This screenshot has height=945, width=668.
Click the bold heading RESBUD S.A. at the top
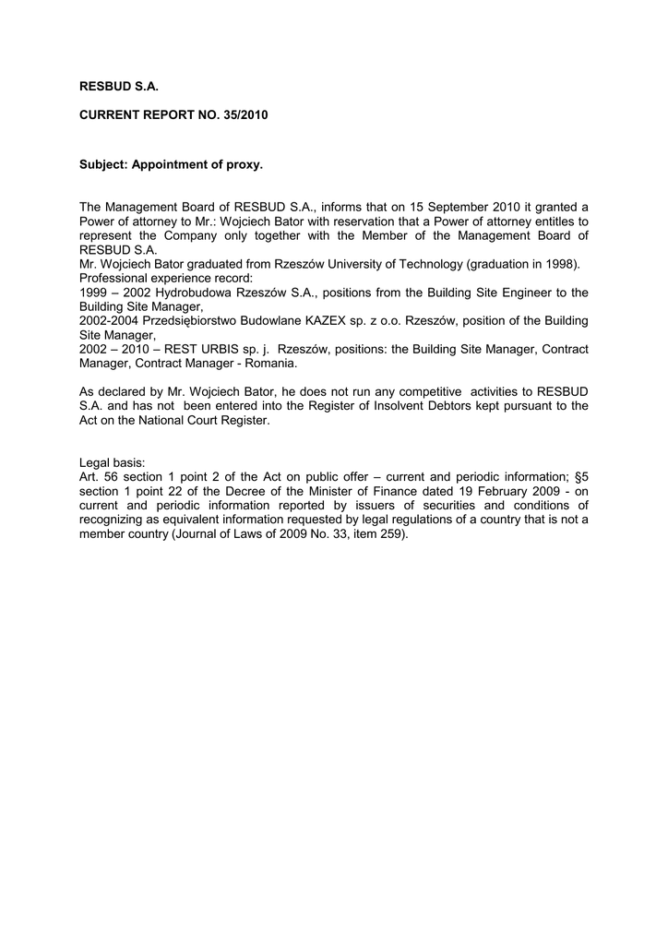tap(119, 86)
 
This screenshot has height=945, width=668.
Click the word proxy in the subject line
tap(244, 165)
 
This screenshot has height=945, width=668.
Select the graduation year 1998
tap(559, 264)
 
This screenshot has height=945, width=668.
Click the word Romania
tap(268, 364)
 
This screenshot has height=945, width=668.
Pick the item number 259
tap(392, 533)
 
